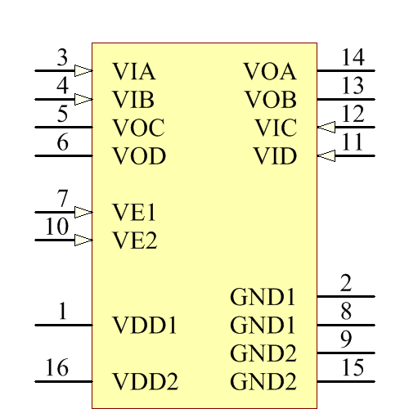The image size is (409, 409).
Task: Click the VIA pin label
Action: pyautogui.click(x=134, y=71)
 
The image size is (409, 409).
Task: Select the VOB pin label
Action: pyautogui.click(x=270, y=100)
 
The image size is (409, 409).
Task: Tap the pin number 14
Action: pyautogui.click(x=353, y=57)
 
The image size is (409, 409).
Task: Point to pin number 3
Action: pyautogui.click(x=62, y=58)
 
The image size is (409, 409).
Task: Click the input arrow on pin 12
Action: pyautogui.click(x=326, y=127)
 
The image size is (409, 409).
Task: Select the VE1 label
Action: pyautogui.click(x=134, y=213)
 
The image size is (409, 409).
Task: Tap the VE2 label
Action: pyautogui.click(x=134, y=240)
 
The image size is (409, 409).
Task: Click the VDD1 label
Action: pyautogui.click(x=144, y=326)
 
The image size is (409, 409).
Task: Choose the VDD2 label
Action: pyautogui.click(x=144, y=381)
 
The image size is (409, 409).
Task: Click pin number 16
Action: pyautogui.click(x=56, y=368)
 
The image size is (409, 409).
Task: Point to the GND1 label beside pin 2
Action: pyautogui.click(x=263, y=296)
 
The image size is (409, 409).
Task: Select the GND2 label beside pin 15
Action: pyautogui.click(x=263, y=381)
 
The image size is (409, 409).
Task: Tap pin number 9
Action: pyautogui.click(x=346, y=339)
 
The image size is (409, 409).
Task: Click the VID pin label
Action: pyautogui.click(x=275, y=155)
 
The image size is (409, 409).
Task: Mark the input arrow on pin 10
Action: pyautogui.click(x=83, y=240)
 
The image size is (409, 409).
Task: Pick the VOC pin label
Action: pyautogui.click(x=138, y=128)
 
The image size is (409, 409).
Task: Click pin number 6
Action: pyautogui.click(x=62, y=142)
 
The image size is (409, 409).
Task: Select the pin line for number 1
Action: pyautogui.click(x=62, y=326)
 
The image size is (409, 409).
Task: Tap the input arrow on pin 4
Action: pyautogui.click(x=83, y=100)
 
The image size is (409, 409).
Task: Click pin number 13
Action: pyautogui.click(x=353, y=86)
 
